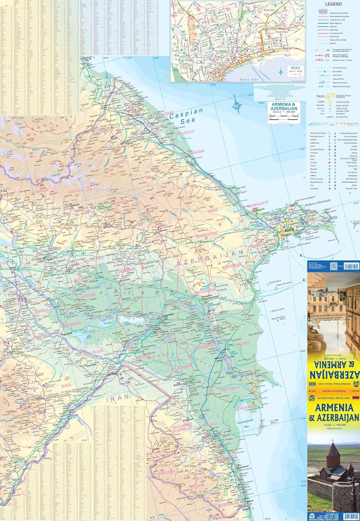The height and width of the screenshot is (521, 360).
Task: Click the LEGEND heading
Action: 333,4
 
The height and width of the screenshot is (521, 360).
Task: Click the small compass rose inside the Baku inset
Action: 281,72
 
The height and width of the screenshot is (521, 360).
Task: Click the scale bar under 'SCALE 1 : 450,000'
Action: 284,118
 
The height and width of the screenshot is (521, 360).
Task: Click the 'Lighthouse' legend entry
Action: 315,143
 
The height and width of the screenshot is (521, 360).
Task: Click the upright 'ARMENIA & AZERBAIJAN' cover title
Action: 333,412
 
